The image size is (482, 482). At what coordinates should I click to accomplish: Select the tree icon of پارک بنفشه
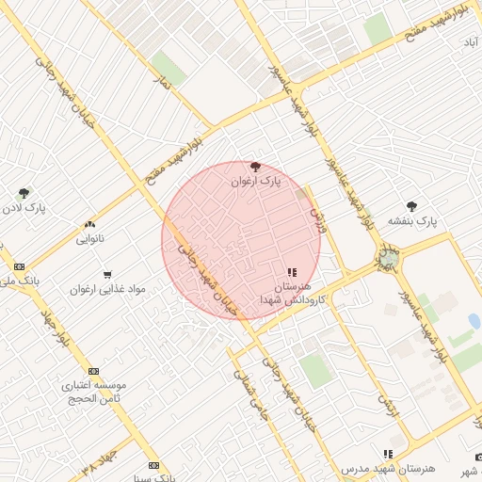coord(411,205)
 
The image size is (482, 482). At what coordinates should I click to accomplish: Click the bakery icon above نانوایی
coord(89,224)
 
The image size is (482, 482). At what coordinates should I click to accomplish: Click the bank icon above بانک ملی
coord(20,267)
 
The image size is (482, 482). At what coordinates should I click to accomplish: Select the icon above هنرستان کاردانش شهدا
coord(291,272)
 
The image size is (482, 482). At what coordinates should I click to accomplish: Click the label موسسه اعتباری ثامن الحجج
coord(93,393)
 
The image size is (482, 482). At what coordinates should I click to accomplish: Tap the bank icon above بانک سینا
coord(153,465)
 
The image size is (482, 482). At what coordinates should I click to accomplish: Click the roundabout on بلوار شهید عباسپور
coord(388,258)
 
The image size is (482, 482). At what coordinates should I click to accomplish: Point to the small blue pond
coord(474,321)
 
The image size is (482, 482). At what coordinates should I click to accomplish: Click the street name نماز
coord(166,84)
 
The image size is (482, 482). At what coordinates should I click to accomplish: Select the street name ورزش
coord(317,222)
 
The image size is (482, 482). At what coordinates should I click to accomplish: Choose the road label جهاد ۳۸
coord(98,460)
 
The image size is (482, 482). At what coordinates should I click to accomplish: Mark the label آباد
coord(468,42)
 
